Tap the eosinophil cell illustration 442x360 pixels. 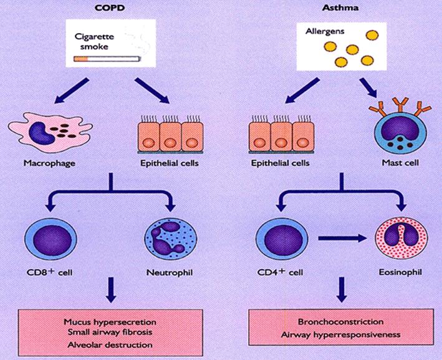[x=396, y=240]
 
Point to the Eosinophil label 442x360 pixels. [x=396, y=273]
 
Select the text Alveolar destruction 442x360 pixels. [x=110, y=344]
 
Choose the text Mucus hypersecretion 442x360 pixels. [x=110, y=321]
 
